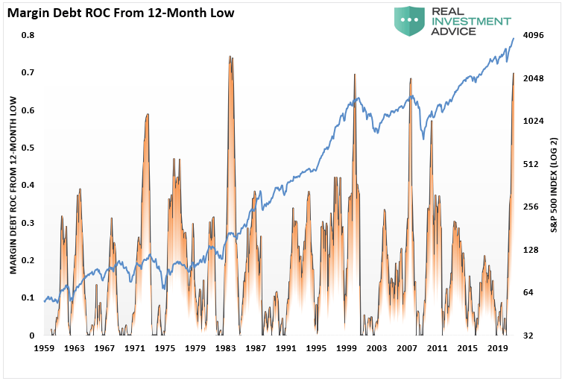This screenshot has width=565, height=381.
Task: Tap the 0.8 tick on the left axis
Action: tap(28, 35)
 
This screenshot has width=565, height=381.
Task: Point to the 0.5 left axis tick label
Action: tap(28, 148)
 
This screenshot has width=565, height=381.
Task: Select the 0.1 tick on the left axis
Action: tap(28, 298)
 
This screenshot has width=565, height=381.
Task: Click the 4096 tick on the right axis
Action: tap(534, 35)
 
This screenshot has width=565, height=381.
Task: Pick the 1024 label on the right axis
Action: tap(534, 121)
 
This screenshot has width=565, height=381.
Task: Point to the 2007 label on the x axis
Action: tap(406, 348)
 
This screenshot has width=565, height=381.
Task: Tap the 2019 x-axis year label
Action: tap(497, 348)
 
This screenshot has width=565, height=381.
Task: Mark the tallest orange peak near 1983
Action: tap(230, 57)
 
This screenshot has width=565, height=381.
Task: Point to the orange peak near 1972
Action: tap(148, 114)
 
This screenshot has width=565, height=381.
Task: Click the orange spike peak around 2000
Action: tap(354, 74)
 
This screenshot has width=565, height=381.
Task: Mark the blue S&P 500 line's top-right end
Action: tap(513, 38)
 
